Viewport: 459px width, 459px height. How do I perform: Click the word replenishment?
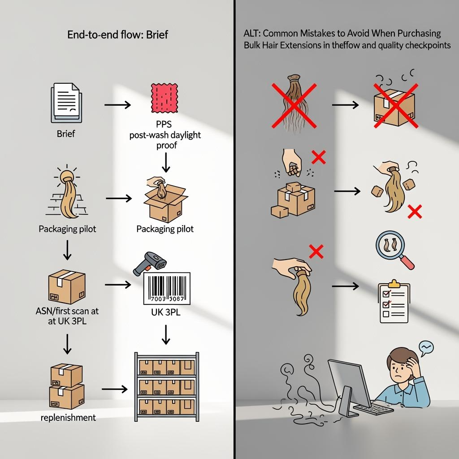point(68,418)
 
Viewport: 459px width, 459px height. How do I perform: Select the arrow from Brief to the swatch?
point(117,105)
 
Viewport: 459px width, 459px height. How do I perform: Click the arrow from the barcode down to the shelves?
point(166,334)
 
